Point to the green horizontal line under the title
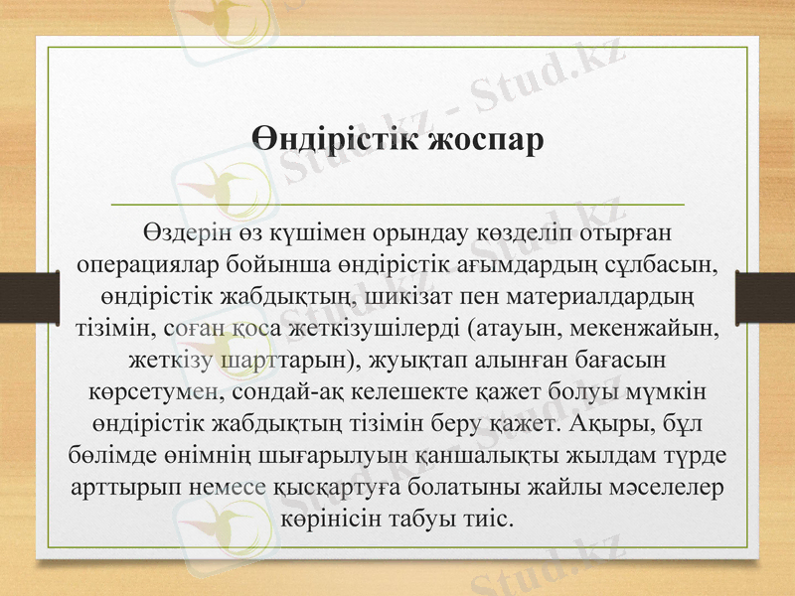397,204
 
